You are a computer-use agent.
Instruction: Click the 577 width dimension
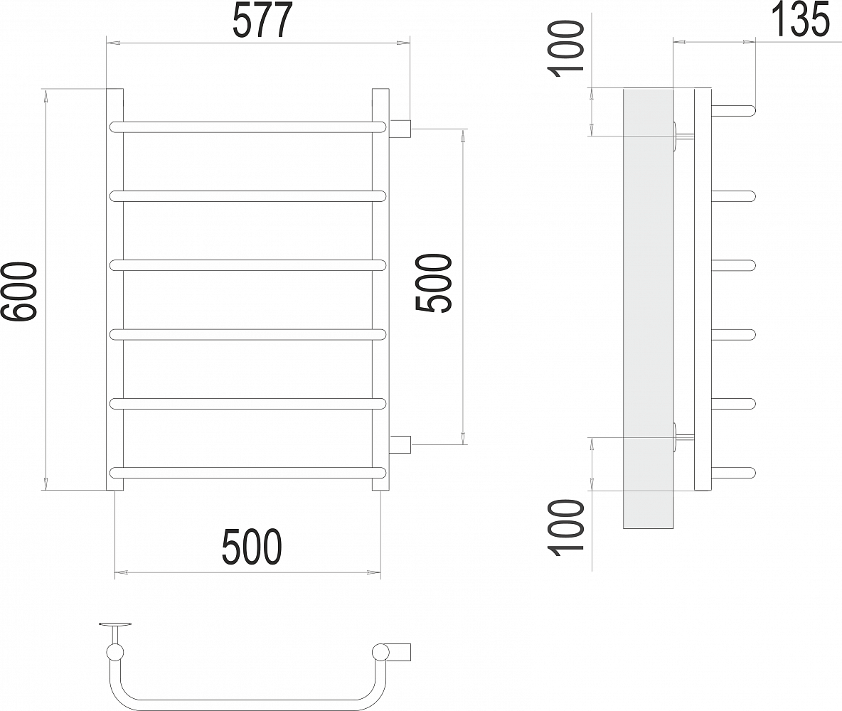coord(263,20)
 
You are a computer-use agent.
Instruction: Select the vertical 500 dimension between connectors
coord(434,283)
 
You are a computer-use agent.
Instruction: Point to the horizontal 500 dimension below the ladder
coord(251,547)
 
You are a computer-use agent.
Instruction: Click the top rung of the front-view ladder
coord(247,127)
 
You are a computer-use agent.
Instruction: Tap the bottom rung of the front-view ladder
coord(247,473)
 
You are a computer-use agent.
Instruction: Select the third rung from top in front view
coord(247,265)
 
